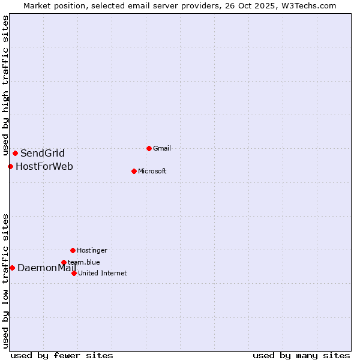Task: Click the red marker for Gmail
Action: point(149,148)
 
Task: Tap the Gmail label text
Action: point(162,148)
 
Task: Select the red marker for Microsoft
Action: point(134,171)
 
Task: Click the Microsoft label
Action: point(152,171)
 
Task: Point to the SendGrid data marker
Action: point(15,153)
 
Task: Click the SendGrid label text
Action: point(42,153)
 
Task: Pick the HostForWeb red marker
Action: point(10,166)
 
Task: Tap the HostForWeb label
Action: point(44,166)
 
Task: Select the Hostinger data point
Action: point(73,250)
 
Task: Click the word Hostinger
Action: point(92,250)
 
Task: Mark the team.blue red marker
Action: point(64,262)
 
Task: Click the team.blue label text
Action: point(84,262)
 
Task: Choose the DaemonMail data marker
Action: point(12,268)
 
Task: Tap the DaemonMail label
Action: point(47,268)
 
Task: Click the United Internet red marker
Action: point(74,273)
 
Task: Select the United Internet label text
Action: point(102,273)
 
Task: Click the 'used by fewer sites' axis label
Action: point(62,355)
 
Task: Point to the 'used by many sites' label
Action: point(301,355)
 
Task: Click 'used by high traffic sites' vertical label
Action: point(5,86)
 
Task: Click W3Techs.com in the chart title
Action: point(307,5)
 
